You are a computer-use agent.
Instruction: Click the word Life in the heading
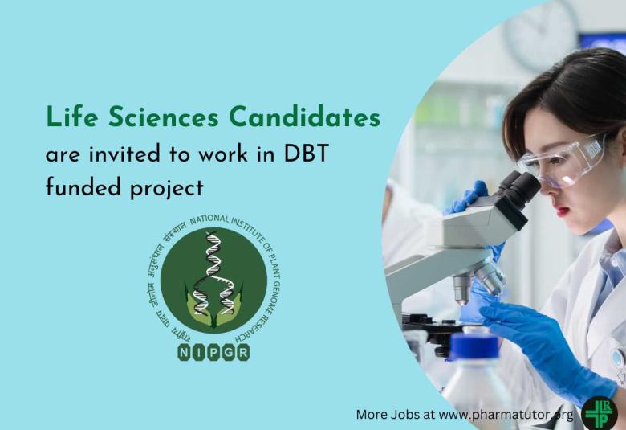67,117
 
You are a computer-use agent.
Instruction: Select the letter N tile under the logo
185,352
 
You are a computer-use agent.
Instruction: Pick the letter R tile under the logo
242,352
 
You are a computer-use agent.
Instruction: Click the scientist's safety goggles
562,162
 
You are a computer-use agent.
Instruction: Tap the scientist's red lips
560,211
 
